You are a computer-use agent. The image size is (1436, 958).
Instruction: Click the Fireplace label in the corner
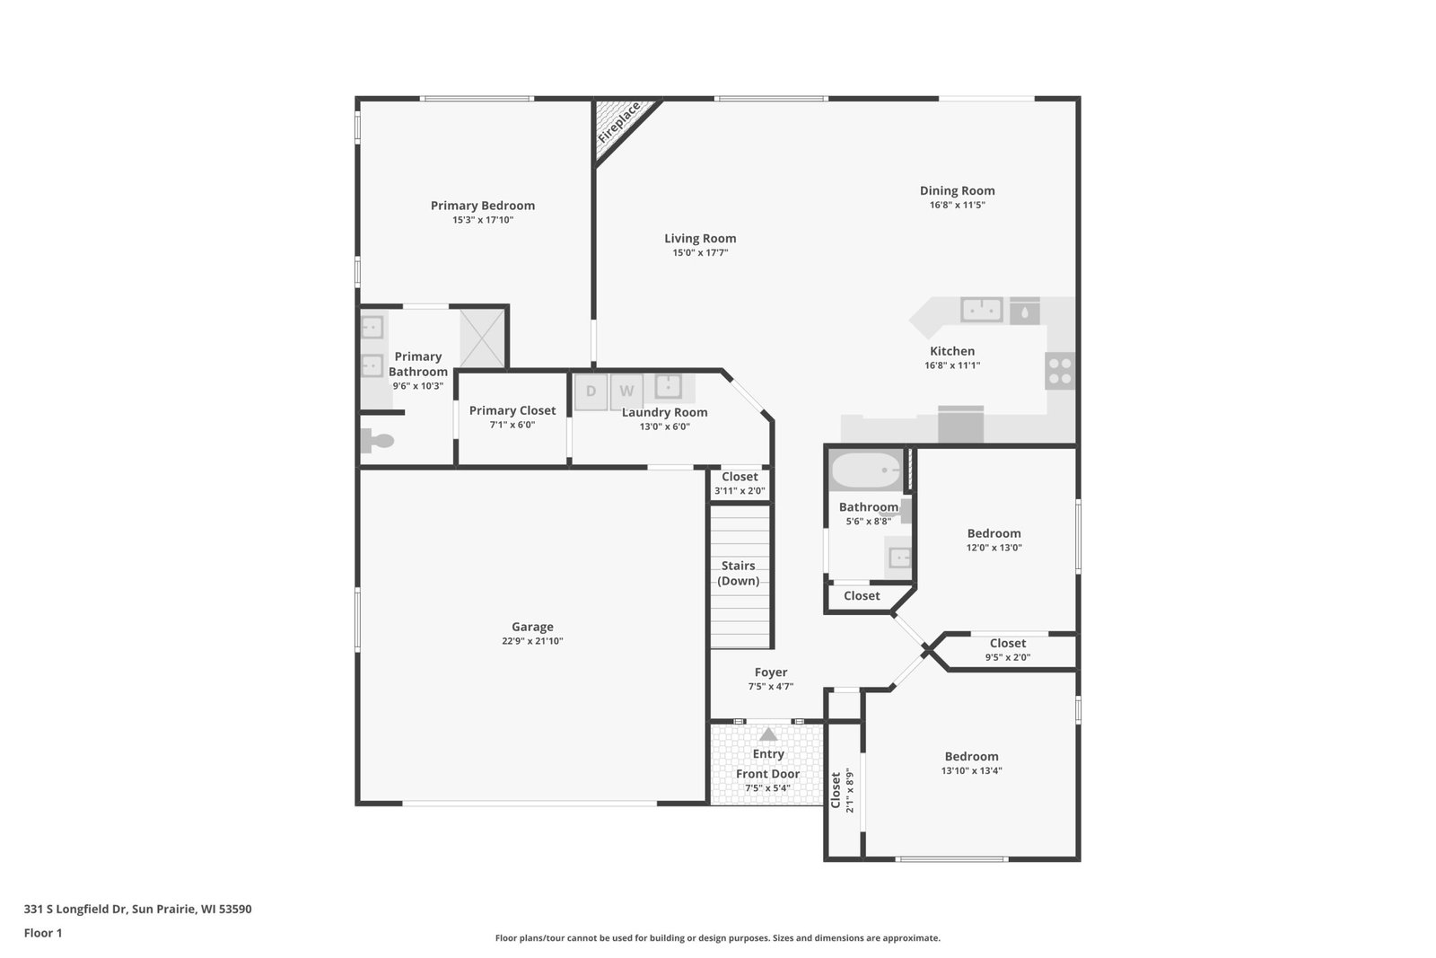(618, 122)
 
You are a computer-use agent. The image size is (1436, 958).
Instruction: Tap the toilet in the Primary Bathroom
(377, 441)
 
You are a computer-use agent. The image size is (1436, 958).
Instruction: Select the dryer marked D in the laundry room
(591, 391)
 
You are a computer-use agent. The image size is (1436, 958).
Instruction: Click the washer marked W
(626, 391)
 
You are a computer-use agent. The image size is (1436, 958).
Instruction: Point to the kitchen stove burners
(1060, 371)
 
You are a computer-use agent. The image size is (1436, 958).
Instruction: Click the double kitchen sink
(982, 311)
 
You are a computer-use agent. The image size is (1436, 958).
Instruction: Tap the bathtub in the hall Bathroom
(866, 470)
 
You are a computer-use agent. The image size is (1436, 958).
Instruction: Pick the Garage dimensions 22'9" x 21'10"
(532, 640)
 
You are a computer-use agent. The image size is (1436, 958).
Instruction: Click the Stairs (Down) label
(739, 573)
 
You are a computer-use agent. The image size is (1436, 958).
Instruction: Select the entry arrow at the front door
(768, 734)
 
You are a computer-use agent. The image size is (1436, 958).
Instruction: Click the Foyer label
(771, 672)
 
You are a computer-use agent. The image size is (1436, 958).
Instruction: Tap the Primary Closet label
(512, 410)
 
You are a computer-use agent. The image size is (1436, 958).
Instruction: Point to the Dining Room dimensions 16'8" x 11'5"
(957, 206)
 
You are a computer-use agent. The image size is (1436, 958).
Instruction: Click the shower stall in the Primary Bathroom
(483, 338)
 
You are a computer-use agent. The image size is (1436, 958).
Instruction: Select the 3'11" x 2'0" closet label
(740, 491)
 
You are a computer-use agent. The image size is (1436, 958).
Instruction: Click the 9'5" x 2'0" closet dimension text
(1008, 657)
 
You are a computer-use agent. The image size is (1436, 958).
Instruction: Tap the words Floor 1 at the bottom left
(43, 933)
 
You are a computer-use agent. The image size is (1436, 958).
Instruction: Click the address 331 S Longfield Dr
(75, 909)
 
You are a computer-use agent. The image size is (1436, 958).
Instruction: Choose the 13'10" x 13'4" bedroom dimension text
(971, 770)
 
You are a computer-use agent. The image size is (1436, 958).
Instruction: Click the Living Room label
(700, 239)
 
